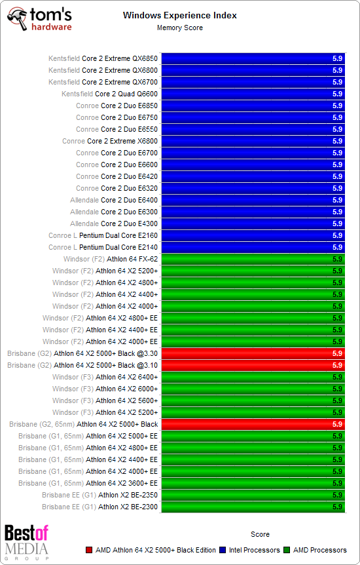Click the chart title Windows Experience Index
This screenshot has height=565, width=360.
coord(179,15)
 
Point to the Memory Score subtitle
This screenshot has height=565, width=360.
coord(179,28)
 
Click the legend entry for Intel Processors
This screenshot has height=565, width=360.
coord(254,550)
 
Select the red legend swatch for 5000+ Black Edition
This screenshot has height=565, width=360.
coord(89,550)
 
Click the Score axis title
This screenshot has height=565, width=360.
coord(260,534)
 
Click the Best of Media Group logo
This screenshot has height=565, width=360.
coord(26,541)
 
